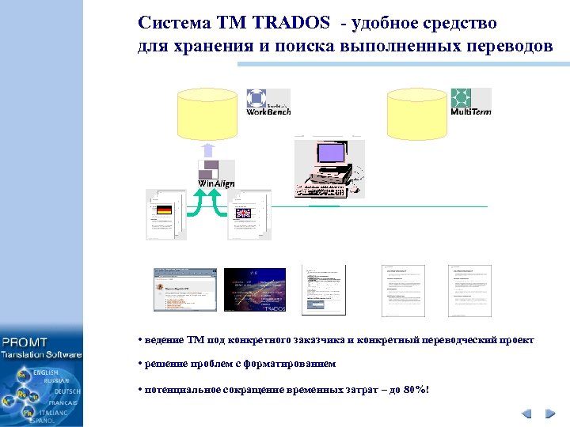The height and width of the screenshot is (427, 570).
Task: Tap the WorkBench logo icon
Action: (x=256, y=99)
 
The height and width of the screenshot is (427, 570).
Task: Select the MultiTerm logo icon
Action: (x=461, y=97)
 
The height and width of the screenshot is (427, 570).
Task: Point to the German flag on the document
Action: (x=164, y=210)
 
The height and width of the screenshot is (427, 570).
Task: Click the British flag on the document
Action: (x=241, y=211)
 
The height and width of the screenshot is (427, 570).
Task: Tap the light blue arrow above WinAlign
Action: (x=207, y=149)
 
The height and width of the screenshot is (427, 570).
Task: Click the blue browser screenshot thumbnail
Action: (x=184, y=289)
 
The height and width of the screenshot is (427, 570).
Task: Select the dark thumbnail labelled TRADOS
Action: (x=255, y=289)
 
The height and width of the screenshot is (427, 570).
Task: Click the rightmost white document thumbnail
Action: (x=469, y=289)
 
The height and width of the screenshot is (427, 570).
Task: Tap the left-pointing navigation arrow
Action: (x=526, y=414)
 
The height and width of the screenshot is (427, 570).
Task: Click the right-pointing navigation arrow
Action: (x=550, y=414)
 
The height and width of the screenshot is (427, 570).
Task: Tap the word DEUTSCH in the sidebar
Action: (x=66, y=392)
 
